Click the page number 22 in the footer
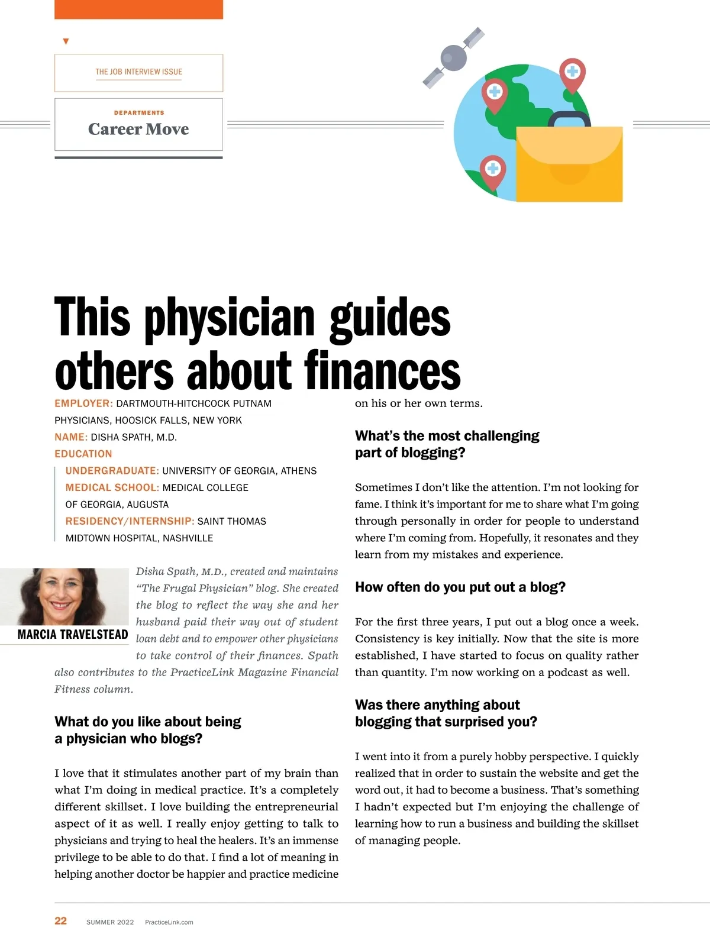[60, 920]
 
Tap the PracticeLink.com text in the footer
[169, 922]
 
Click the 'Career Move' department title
[138, 129]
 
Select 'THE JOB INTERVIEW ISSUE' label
[138, 72]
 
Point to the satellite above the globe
[454, 57]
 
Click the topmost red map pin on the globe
[572, 74]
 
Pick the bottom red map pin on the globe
[493, 171]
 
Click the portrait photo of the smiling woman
[64, 596]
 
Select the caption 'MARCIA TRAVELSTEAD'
[73, 635]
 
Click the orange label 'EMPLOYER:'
[83, 403]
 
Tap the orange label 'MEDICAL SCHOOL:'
[112, 487]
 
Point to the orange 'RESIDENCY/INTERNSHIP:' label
[130, 521]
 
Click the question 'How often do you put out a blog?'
[460, 587]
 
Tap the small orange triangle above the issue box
[66, 41]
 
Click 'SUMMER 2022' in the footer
[110, 922]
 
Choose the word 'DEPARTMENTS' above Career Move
[139, 112]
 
